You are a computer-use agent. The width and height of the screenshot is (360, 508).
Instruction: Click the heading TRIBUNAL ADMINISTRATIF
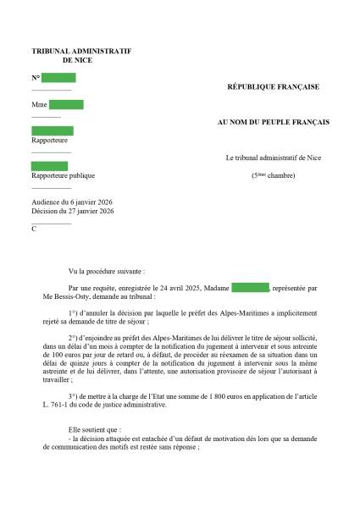[80, 52]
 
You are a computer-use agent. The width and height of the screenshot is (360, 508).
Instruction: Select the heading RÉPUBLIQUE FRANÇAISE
[273, 86]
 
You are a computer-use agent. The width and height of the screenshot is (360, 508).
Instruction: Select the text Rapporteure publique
[63, 176]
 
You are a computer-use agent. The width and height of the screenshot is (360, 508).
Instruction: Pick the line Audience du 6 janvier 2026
[71, 202]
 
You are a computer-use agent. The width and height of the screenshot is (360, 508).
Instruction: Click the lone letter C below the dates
[34, 229]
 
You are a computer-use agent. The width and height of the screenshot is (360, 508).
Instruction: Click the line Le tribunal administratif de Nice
[273, 158]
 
